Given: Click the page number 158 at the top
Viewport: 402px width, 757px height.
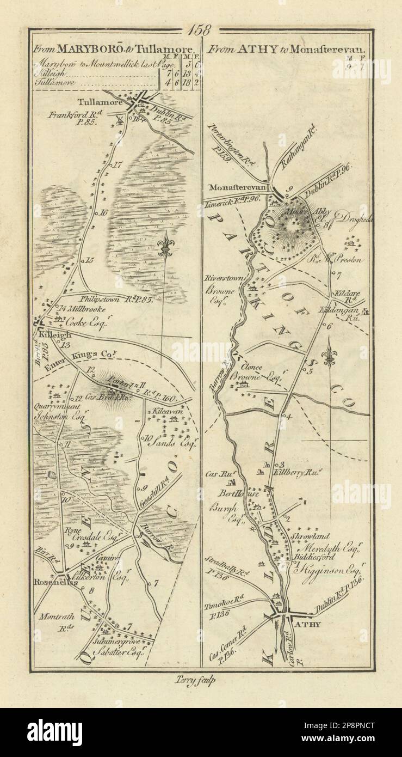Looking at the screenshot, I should click(202, 30).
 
